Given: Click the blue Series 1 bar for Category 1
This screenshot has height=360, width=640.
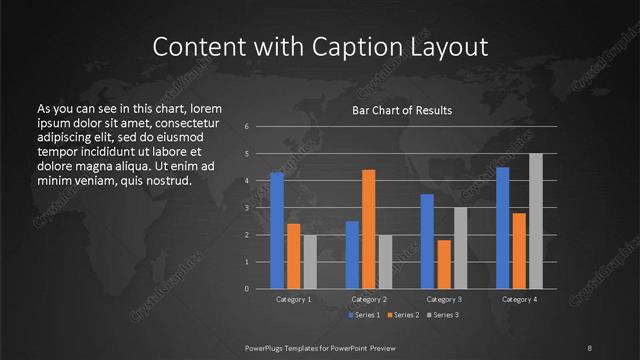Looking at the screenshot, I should coord(277,231).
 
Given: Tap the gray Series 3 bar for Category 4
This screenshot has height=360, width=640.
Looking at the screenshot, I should coord(536,221).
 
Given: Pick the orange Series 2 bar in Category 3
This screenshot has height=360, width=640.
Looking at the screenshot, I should coord(444,264).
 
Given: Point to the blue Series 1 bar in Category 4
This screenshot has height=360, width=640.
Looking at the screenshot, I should coord(502,228).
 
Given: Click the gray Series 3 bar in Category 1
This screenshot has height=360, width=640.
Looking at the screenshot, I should coord(310,262).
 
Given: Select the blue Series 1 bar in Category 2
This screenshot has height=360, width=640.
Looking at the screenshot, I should coord(352,255).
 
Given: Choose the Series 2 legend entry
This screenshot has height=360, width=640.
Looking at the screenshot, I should coord(404,316).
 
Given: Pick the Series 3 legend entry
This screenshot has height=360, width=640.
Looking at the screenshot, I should coord(444,316).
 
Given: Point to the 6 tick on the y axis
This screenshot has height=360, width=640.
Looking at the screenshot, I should coord(247,127).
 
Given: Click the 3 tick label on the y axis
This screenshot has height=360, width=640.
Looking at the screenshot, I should coord(247,208).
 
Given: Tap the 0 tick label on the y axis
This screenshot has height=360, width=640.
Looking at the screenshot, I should coord(247,289).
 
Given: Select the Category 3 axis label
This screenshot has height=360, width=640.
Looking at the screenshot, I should coord(444,299).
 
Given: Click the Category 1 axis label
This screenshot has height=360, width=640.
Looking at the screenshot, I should coord(293,299).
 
